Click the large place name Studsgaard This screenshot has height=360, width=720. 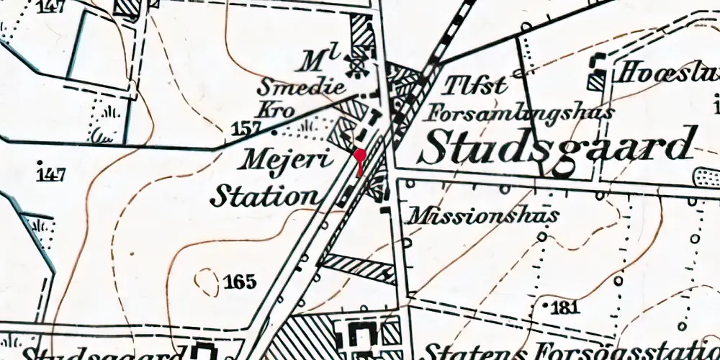click(559, 146)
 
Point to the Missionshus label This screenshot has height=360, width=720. click(482, 215)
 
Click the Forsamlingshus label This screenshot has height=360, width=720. click(520, 112)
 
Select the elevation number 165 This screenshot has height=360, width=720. click(240, 282)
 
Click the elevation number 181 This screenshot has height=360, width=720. click(564, 309)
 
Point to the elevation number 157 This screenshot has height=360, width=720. click(246, 130)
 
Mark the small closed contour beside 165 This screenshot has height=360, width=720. click(208, 282)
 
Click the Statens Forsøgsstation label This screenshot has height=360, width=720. click(569, 351)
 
